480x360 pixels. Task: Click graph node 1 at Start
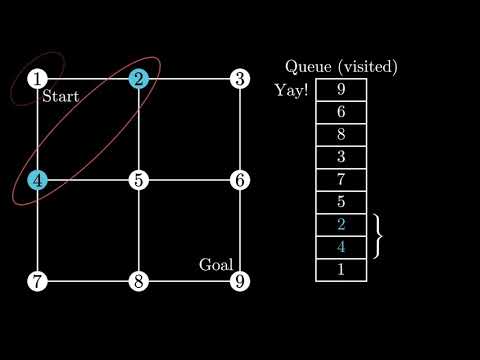click(37, 79)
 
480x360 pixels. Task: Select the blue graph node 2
click(139, 79)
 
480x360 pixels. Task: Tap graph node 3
click(240, 79)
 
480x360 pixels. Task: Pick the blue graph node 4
click(37, 180)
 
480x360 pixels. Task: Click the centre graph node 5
click(139, 180)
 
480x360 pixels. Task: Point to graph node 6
click(240, 180)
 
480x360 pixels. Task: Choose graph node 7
click(37, 281)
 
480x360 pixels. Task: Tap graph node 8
click(139, 281)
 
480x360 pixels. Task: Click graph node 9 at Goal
click(240, 281)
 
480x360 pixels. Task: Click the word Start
click(61, 96)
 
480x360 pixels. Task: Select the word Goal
click(216, 265)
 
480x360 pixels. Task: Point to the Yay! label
click(291, 90)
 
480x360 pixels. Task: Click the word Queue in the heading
click(308, 67)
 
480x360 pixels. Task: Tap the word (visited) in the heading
click(368, 67)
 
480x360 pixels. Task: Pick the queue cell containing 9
click(341, 90)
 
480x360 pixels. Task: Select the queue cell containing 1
click(341, 270)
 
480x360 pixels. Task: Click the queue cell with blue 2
click(341, 225)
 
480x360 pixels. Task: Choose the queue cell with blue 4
click(341, 247)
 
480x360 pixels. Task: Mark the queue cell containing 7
click(341, 180)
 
